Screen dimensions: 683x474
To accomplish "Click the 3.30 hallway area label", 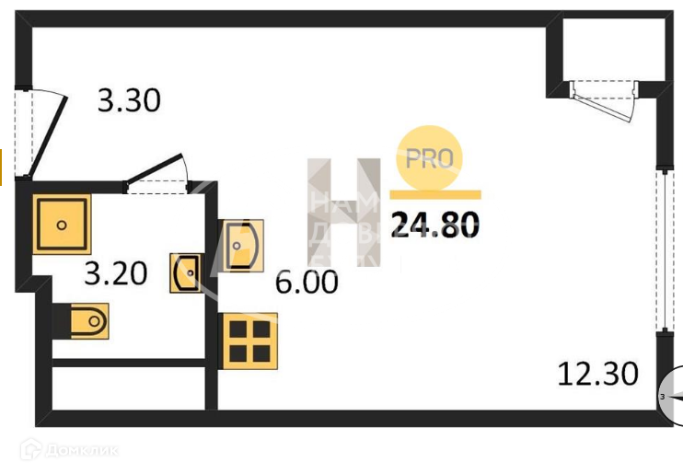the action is coord(129,100).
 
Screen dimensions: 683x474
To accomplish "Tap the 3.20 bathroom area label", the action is coord(115,273).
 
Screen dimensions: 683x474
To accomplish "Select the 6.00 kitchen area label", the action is coord(307,282).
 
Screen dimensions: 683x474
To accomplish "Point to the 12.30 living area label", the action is coord(597,374).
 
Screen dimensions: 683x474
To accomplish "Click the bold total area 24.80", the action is coord(434,225).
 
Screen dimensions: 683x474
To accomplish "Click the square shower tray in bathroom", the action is coord(62,225).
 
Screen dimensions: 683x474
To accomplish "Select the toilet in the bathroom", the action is coord(86,321).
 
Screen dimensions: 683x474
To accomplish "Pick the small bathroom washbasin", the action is coord(185,273).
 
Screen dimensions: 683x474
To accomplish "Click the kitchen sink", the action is coord(242,244).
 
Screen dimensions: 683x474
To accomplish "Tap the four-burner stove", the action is coord(247,340).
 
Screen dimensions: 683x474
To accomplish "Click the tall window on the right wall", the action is coord(663,249).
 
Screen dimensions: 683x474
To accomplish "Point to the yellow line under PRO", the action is coord(435,195).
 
